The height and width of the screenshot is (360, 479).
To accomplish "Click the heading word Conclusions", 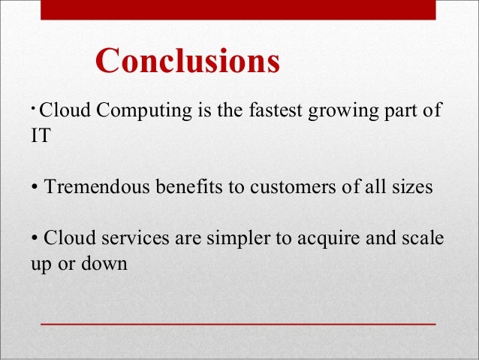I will click(x=188, y=61).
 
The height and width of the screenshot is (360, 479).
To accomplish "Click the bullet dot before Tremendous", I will click(x=35, y=188).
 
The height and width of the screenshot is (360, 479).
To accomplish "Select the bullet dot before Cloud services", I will click(x=35, y=240).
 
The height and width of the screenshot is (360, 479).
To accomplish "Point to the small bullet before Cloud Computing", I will click(x=35, y=107).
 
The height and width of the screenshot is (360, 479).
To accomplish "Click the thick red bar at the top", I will click(x=238, y=9).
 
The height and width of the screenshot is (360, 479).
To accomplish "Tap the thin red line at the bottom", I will click(x=238, y=322).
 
